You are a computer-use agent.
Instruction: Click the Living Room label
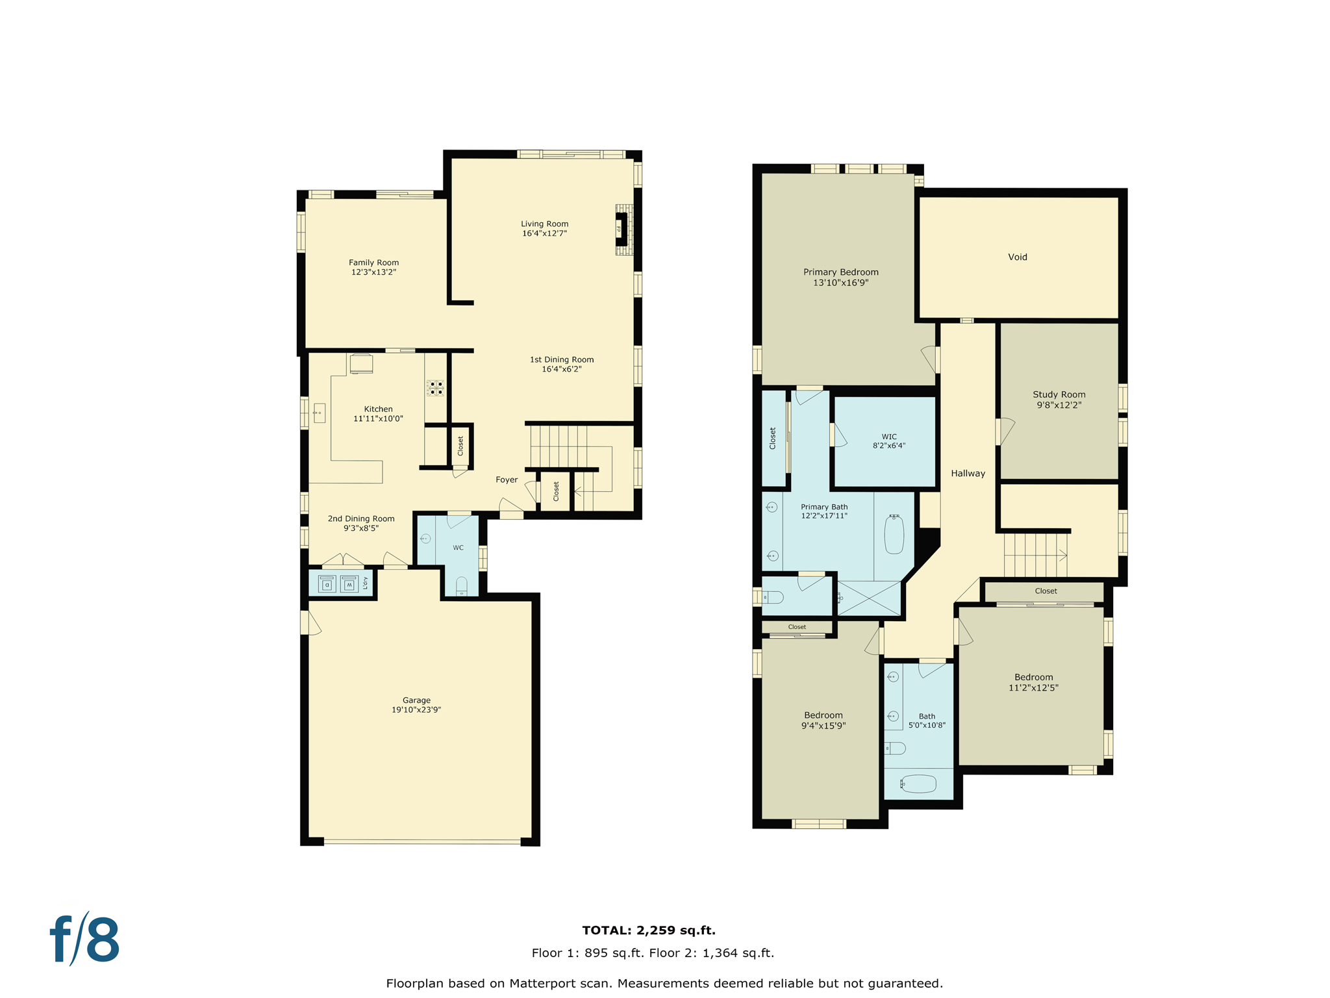point(544,224)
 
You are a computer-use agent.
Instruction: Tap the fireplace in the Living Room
point(621,229)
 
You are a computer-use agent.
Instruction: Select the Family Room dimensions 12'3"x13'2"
point(373,272)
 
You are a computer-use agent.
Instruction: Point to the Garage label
point(416,700)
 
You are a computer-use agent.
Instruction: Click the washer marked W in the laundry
point(349,584)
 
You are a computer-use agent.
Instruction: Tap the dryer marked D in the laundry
point(327,584)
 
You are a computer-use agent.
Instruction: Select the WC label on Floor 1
point(458,548)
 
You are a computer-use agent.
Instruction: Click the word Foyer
point(507,480)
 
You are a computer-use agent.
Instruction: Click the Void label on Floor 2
point(1017,257)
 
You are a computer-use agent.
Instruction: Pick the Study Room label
point(1059,394)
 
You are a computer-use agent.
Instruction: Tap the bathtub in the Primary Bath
point(894,534)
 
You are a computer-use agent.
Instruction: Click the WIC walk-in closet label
point(889,437)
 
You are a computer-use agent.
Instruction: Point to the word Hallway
point(968,473)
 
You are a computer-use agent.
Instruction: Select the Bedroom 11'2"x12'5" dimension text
point(1033,687)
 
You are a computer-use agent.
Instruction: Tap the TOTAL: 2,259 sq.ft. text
point(648,930)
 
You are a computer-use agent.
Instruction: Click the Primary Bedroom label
point(840,272)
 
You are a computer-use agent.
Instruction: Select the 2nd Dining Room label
point(361,518)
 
